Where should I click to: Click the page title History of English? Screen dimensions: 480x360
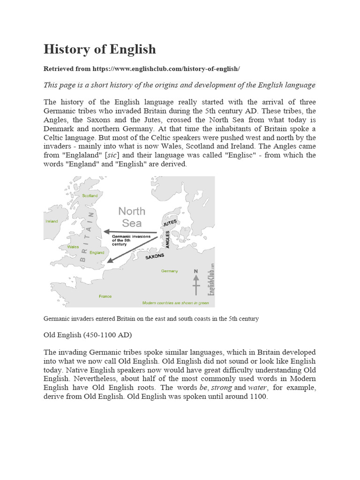coord(99,49)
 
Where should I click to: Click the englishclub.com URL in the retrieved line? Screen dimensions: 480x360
coord(166,69)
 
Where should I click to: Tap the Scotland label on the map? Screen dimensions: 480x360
coord(90,195)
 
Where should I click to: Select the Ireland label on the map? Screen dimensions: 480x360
coord(51,221)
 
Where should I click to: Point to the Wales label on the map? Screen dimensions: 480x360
coord(73,246)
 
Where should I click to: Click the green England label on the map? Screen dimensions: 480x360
coord(97,252)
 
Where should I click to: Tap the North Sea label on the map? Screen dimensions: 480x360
coord(132,217)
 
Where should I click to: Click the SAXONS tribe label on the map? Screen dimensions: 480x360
coord(155,257)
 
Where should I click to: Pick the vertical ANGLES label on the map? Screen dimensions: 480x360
coord(167,240)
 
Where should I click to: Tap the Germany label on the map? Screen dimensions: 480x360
coord(169,271)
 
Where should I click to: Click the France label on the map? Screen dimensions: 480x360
coord(105,296)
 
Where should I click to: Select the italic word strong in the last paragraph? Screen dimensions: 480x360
coord(222,388)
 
